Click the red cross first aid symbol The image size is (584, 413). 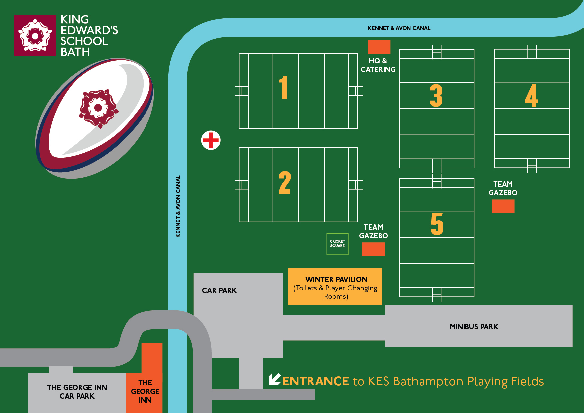(x=211, y=140)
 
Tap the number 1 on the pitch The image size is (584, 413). (x=283, y=87)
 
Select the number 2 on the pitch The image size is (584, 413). (x=285, y=183)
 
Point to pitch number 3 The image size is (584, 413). (x=436, y=96)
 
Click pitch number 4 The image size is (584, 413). (x=531, y=96)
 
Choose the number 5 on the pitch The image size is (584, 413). (x=437, y=224)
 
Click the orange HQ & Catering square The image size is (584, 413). (x=379, y=47)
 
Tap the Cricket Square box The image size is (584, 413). (x=337, y=244)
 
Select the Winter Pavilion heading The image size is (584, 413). (x=336, y=279)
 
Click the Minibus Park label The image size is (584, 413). (x=474, y=327)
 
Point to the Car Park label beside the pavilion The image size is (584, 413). (x=219, y=290)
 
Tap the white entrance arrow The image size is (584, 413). (x=274, y=379)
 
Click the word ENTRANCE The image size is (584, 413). (x=316, y=381)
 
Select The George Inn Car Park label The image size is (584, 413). (x=77, y=392)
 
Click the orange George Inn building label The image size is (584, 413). (x=145, y=391)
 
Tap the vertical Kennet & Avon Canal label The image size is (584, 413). (x=178, y=206)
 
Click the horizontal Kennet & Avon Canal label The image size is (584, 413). (x=399, y=28)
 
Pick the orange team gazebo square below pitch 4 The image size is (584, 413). (x=503, y=206)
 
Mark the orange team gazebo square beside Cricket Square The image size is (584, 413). (x=373, y=249)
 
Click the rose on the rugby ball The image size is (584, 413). (x=98, y=108)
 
